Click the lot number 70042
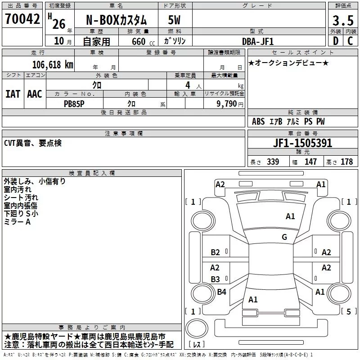pyautogui.click(x=22, y=19)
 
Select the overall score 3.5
pyautogui.click(x=342, y=20)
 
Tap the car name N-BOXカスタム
pyautogui.click(x=116, y=21)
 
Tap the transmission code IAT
pyautogui.click(x=13, y=94)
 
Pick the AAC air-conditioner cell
pyautogui.click(x=35, y=94)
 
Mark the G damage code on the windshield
pyautogui.click(x=284, y=237)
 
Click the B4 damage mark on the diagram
pyautogui.click(x=221, y=292)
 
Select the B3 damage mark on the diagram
pyautogui.click(x=215, y=279)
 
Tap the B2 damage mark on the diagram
pyautogui.click(x=215, y=252)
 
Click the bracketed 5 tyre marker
pyautogui.click(x=348, y=311)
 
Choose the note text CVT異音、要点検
pyautogui.click(x=32, y=143)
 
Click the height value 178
pyautogui.click(x=346, y=162)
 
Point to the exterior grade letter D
pyautogui.click(x=335, y=41)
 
